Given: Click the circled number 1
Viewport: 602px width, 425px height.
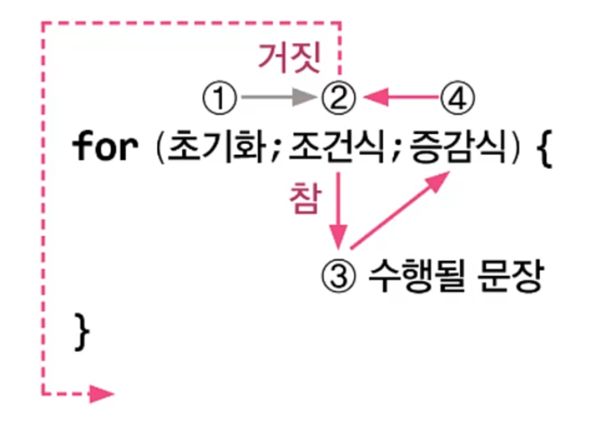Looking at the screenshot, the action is pos(219,99).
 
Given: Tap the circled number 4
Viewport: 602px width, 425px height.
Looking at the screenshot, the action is pos(458,99).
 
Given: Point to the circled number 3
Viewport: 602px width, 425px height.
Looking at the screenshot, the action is pos(339,278).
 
